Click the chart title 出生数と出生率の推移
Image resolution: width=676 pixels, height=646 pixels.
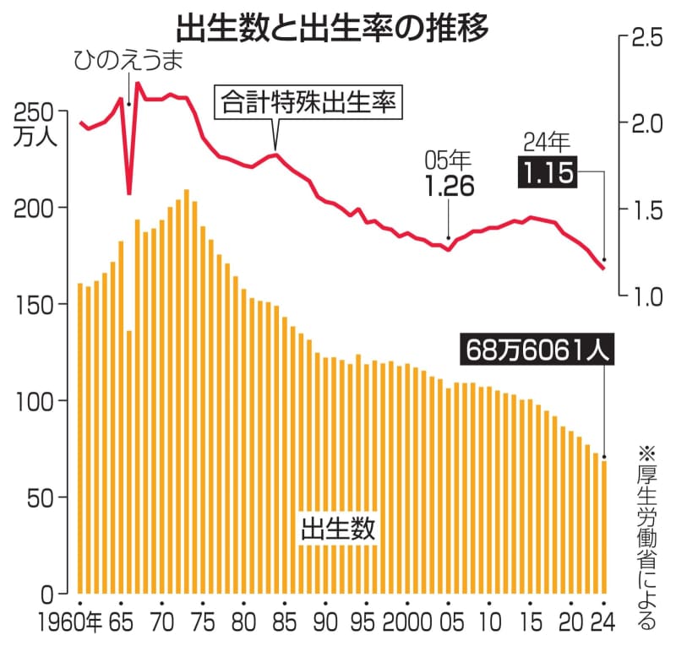tap(339, 28)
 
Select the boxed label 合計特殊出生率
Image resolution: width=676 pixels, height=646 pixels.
tap(309, 103)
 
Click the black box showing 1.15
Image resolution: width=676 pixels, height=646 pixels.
tap(548, 175)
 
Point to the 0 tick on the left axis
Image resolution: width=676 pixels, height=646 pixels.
tap(48, 593)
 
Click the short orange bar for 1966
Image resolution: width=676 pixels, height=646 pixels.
tap(128, 464)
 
